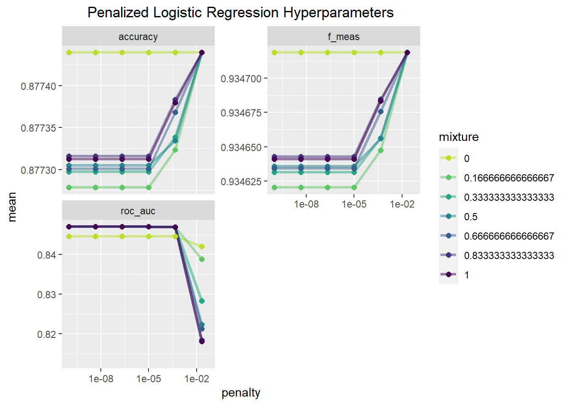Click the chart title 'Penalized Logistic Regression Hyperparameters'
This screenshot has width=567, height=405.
[x=240, y=13]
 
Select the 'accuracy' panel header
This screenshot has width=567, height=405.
[x=138, y=37]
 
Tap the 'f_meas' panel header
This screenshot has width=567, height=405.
[x=343, y=37]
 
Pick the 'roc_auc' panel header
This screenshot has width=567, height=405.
[x=138, y=211]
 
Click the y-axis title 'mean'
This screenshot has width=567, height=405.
[x=12, y=207]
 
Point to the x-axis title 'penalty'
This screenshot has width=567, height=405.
[x=241, y=393]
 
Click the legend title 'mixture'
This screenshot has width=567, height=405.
[x=459, y=137]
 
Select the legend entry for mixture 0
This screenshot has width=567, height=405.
[x=467, y=159]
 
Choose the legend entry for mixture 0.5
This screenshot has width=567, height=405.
[x=470, y=217]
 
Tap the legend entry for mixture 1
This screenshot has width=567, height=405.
[x=467, y=275]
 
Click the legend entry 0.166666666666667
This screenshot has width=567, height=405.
[x=509, y=178]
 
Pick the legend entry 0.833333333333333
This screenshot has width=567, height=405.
[x=509, y=256]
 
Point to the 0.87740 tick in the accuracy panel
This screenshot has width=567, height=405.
[x=38, y=86]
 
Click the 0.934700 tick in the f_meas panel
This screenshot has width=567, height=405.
[x=241, y=79]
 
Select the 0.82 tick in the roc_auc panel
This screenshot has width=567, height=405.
[x=46, y=335]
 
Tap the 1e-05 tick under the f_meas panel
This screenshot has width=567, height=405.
[x=354, y=205]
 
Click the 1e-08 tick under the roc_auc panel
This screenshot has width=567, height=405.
[x=101, y=379]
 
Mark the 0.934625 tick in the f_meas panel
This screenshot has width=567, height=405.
[x=241, y=182]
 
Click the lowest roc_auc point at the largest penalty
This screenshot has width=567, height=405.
[x=202, y=341]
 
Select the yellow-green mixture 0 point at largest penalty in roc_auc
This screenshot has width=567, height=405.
[x=202, y=246]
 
